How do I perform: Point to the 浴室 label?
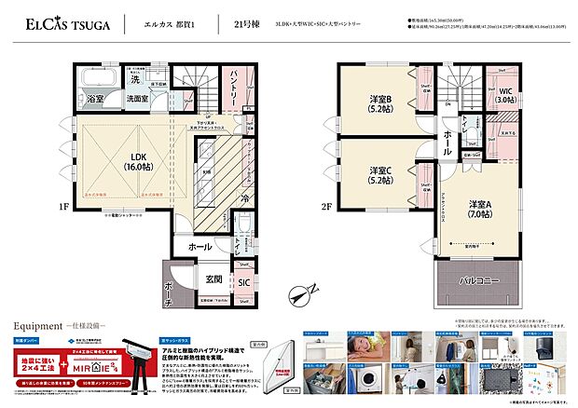tap(95, 98)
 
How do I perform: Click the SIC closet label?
tap(243, 280)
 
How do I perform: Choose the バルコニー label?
tap(481, 279)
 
